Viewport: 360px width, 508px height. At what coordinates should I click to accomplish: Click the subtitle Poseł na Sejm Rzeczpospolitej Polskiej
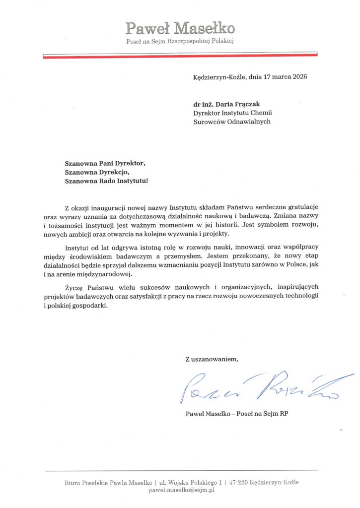click(180, 41)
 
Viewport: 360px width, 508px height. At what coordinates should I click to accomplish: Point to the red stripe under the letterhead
click(180, 57)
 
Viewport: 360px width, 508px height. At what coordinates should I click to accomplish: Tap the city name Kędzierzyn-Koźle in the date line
click(219, 77)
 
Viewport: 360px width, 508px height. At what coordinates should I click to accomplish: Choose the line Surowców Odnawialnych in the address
click(232, 122)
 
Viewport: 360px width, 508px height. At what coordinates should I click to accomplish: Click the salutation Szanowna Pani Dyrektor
click(106, 163)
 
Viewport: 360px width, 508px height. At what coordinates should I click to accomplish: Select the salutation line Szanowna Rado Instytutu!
click(106, 181)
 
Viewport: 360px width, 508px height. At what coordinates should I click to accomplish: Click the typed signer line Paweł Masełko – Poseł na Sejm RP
click(236, 413)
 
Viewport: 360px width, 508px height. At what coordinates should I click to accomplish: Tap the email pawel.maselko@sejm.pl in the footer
click(181, 490)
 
